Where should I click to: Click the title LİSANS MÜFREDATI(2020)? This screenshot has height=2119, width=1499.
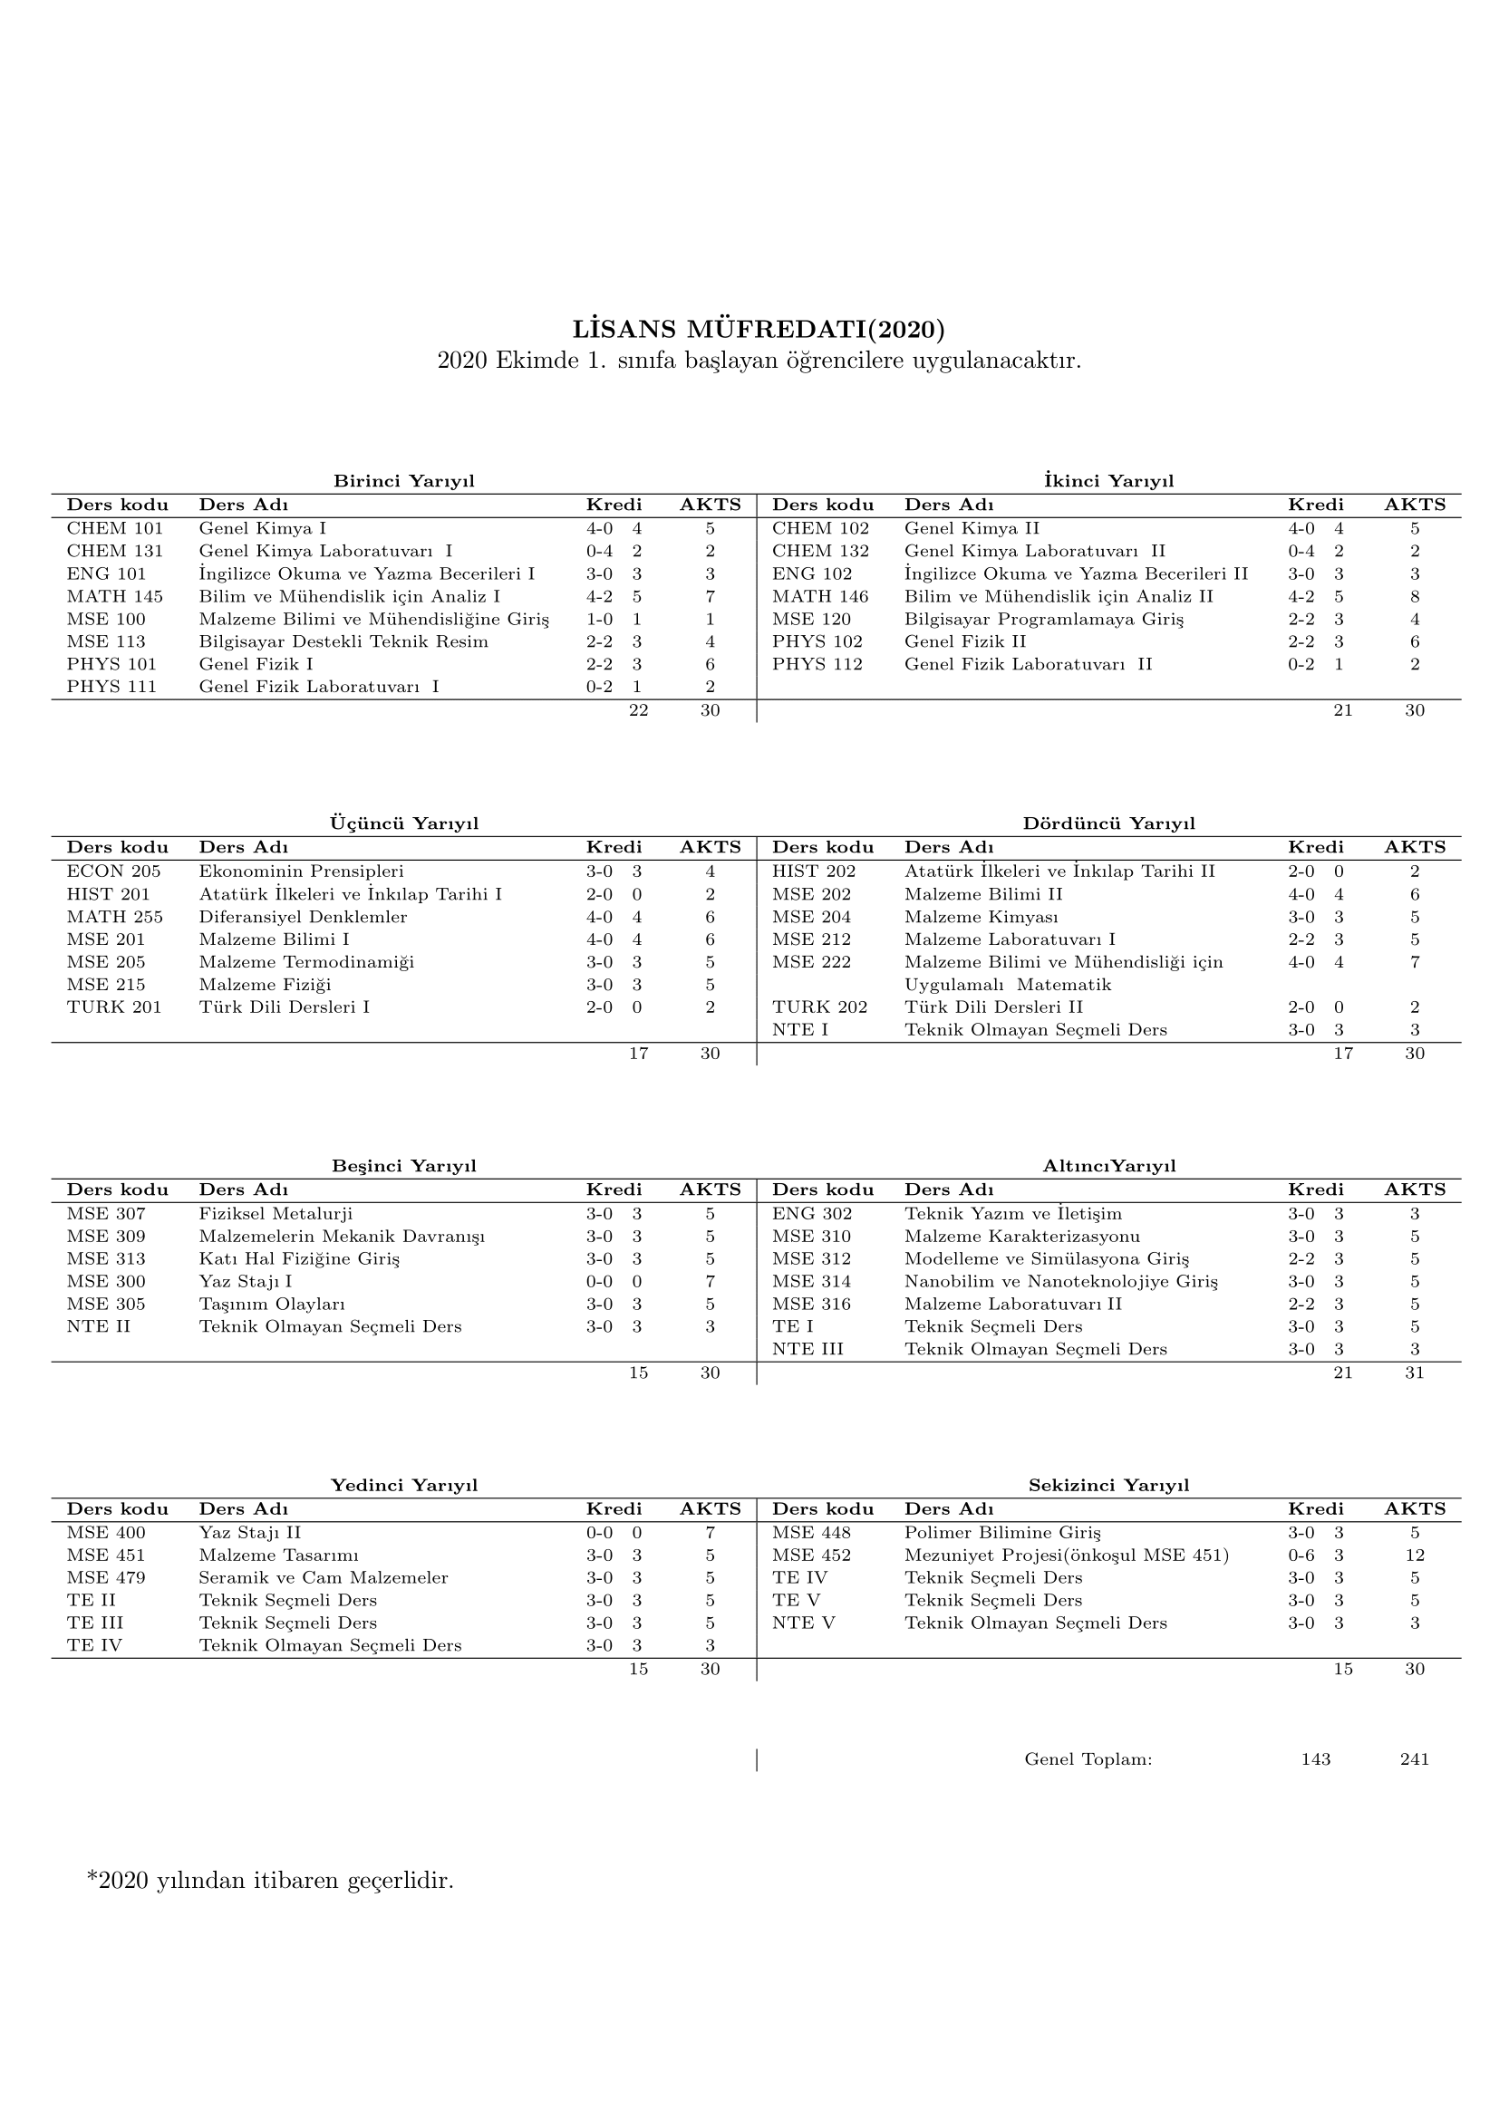click(759, 330)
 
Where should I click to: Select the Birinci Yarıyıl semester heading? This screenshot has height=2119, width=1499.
click(403, 481)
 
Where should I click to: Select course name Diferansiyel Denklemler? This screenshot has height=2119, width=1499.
click(303, 917)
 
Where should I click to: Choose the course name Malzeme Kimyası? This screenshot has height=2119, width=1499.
click(982, 917)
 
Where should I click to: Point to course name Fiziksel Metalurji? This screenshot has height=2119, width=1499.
click(276, 1214)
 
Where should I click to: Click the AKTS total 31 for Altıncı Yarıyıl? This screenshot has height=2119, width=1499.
click(1414, 1373)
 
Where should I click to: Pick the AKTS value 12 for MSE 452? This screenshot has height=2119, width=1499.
click(1414, 1556)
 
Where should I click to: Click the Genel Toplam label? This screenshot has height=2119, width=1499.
click(1088, 1759)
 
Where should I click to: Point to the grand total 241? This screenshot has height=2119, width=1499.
click(1414, 1759)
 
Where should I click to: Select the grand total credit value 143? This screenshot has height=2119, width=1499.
click(1315, 1759)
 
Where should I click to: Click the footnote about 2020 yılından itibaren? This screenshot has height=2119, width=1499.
click(270, 1880)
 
